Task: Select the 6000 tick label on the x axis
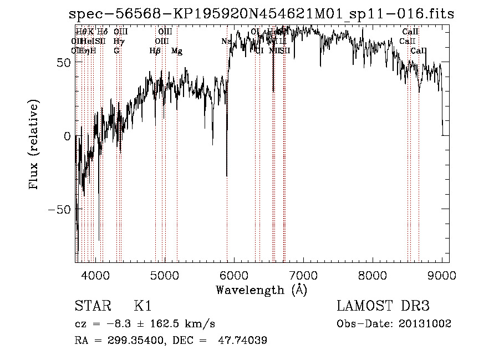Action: [234, 275]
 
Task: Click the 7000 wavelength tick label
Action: [303, 275]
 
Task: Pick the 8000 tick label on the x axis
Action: [373, 275]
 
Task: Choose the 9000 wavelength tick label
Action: [442, 275]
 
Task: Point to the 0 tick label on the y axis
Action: [67, 136]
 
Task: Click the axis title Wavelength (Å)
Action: [261, 290]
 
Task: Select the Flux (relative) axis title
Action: [34, 145]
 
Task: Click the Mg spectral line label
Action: [177, 51]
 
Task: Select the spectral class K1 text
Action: [142, 306]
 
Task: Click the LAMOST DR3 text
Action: [383, 306]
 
